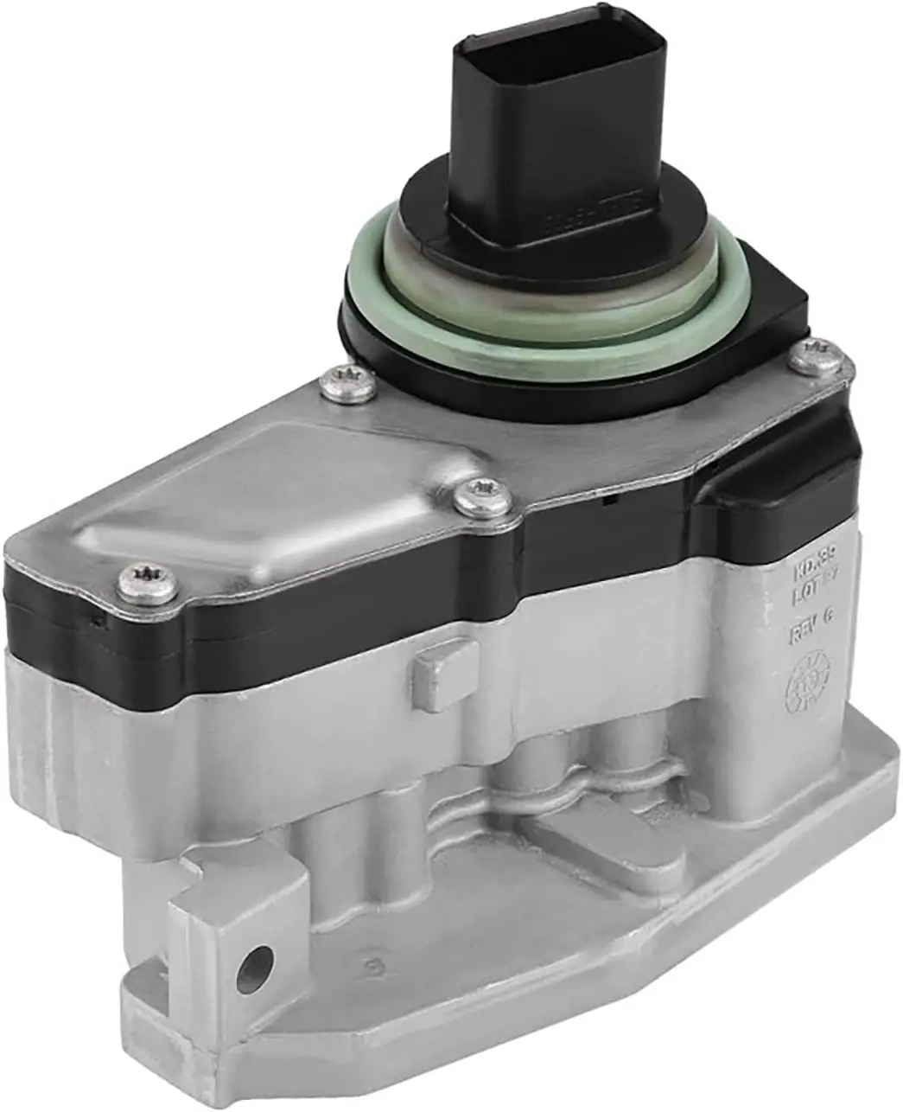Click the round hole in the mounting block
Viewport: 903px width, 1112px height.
click(x=259, y=959)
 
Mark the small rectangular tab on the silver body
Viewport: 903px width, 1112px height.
click(x=442, y=674)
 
